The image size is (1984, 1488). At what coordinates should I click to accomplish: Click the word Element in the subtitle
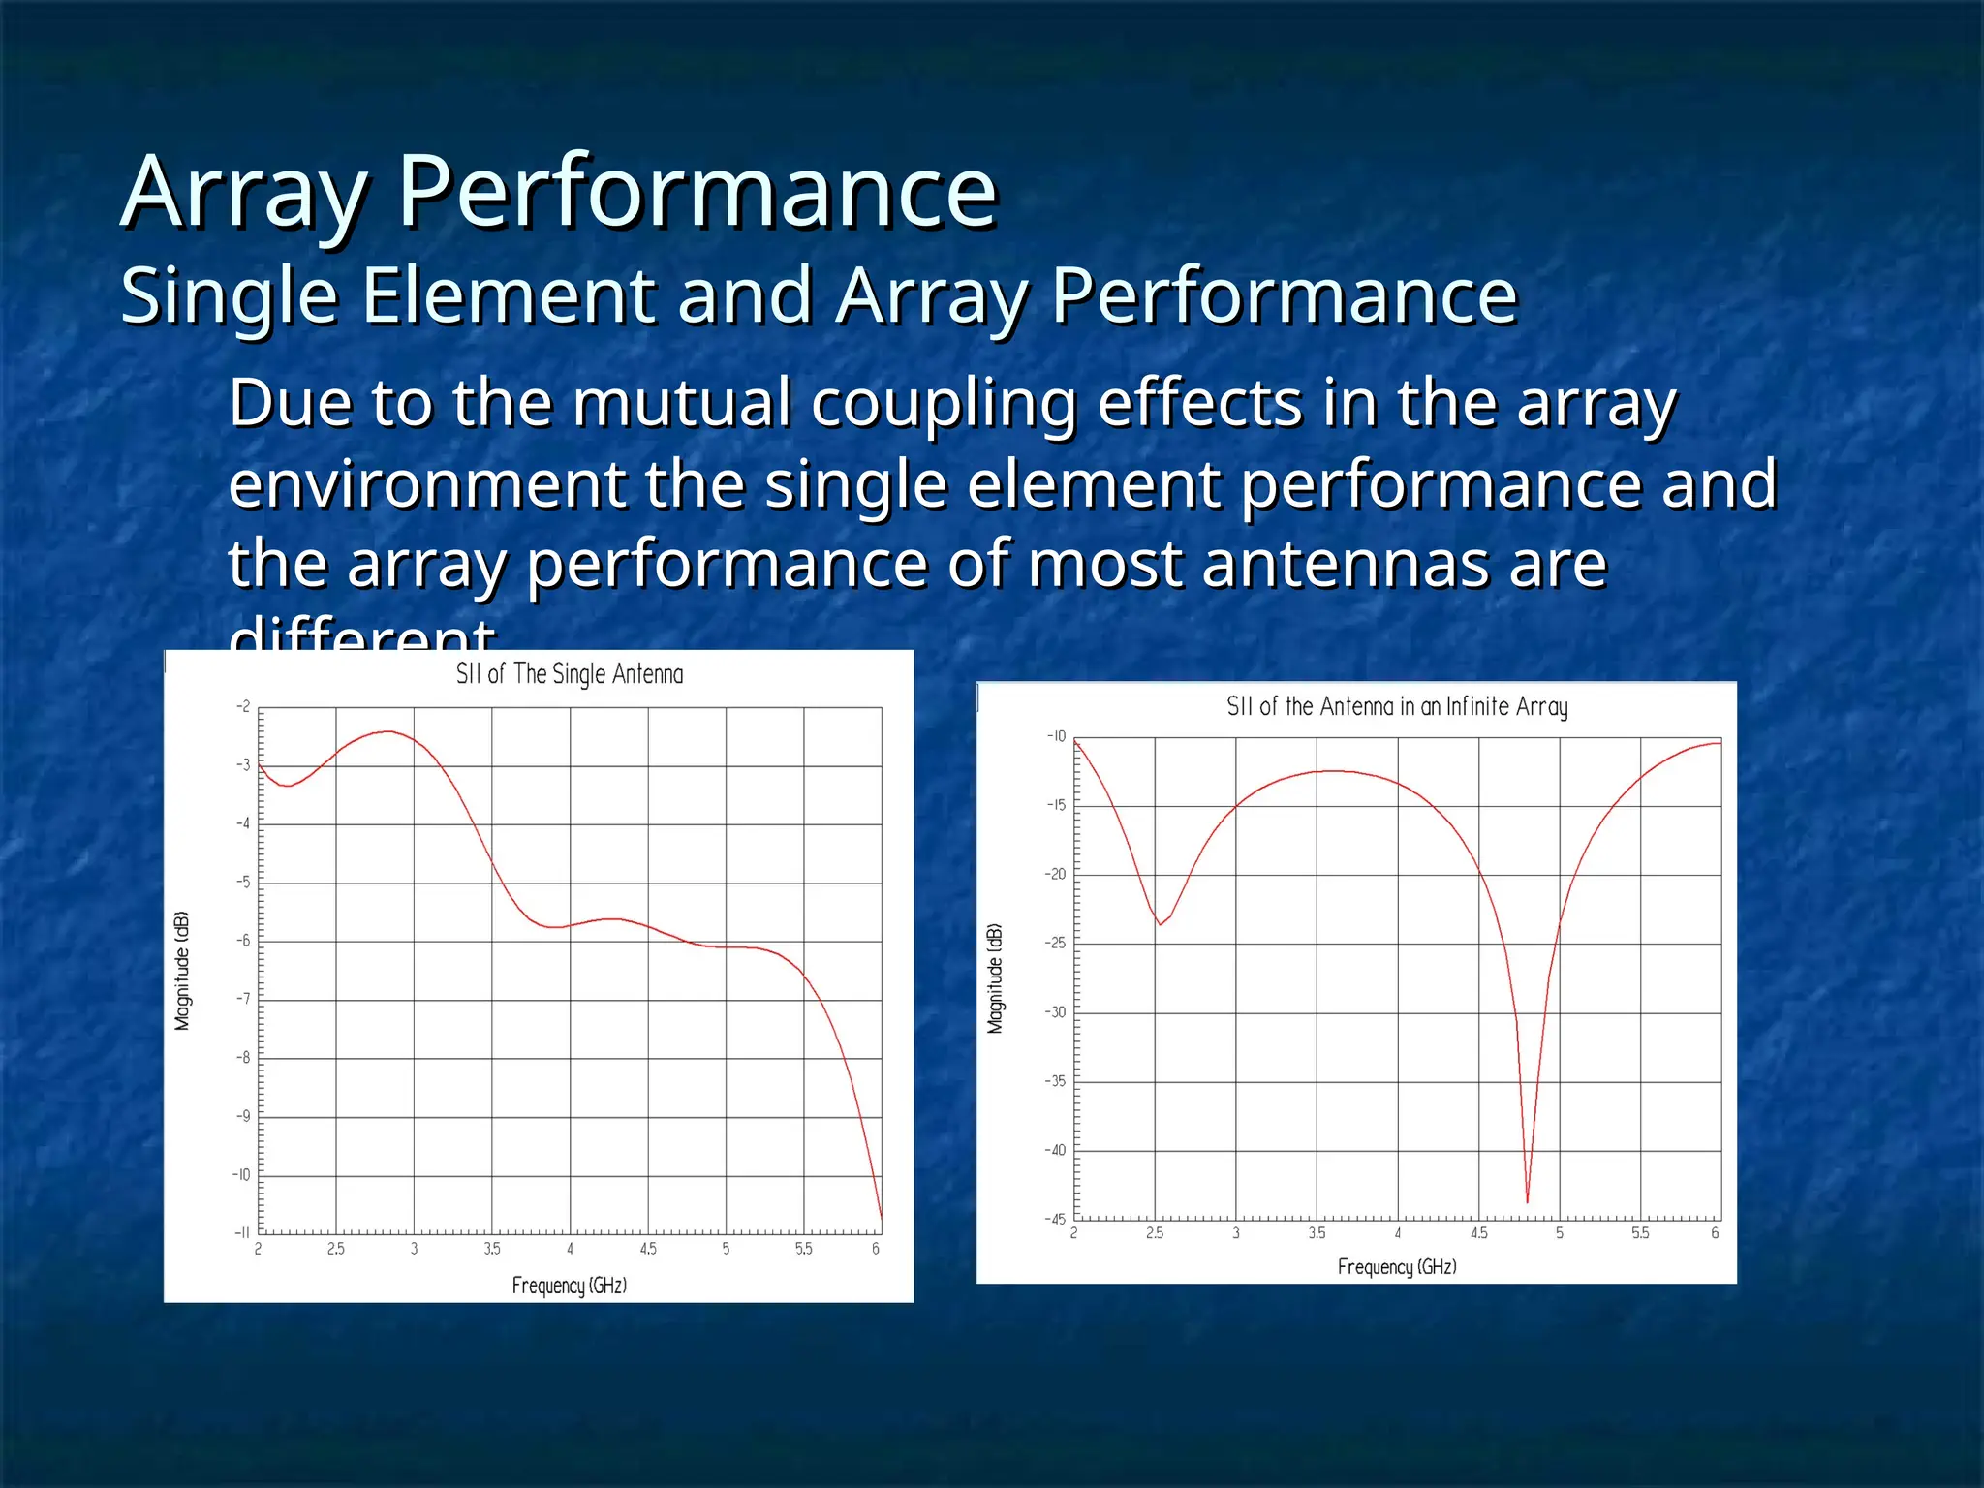tap(510, 296)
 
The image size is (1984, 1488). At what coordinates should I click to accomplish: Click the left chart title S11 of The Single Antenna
tap(570, 674)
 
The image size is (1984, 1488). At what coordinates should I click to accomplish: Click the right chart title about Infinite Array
tap(1396, 706)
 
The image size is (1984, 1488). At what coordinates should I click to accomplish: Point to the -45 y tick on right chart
tap(1055, 1219)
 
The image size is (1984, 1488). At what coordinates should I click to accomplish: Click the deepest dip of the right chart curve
tap(1528, 1201)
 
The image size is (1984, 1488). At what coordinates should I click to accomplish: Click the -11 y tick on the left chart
tap(242, 1233)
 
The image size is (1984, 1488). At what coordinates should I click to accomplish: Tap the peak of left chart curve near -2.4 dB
tap(388, 732)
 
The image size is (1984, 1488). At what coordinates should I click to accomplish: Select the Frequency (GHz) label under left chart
tap(570, 1286)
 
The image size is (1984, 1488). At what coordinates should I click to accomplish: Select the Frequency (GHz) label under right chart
tap(1396, 1267)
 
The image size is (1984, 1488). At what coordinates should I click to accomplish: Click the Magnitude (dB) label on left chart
tap(182, 971)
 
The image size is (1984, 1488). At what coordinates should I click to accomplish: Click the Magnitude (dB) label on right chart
tap(995, 978)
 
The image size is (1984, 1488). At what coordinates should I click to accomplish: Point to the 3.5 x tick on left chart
tap(492, 1250)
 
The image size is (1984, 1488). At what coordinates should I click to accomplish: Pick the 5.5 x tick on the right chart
tap(1640, 1233)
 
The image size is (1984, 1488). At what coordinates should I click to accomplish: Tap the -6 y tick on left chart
tap(243, 941)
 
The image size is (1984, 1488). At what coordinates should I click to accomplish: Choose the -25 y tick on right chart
tap(1055, 943)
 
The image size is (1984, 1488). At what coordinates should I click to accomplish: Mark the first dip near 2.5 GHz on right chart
tap(1160, 924)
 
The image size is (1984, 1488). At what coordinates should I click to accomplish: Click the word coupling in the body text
tap(944, 405)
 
